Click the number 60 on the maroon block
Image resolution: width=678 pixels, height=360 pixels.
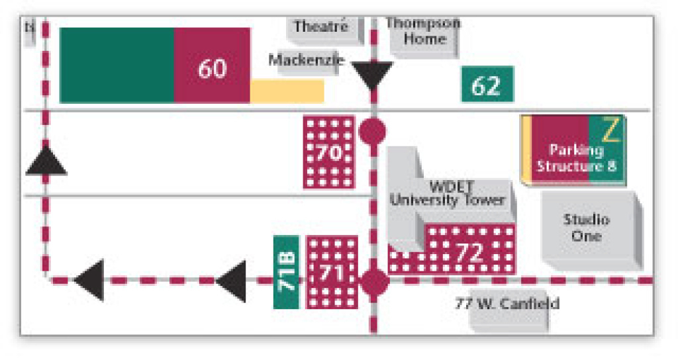coord(212,68)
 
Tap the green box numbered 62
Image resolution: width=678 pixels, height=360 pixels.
coord(487,85)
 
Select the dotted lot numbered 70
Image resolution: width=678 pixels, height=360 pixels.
coord(329,153)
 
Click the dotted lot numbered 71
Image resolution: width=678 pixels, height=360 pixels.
coord(332,272)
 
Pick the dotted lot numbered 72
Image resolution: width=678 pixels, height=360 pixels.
coord(469,251)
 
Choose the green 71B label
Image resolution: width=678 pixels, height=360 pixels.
coord(286,272)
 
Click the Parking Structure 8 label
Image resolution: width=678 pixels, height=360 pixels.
coord(575,158)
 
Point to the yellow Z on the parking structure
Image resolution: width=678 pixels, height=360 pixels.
coord(611,130)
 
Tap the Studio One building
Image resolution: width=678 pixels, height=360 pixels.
coord(586,228)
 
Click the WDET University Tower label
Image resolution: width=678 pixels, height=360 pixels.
coord(448,193)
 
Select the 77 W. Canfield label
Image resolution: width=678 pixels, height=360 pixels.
coord(507,304)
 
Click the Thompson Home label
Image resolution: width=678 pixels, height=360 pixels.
coord(423,31)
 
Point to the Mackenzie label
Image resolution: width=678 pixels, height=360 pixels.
coord(306,60)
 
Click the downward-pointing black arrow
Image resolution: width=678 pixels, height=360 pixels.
coord(371,75)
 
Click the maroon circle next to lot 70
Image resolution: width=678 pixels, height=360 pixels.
coord(373,131)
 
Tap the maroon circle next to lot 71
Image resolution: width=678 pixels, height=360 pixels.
coord(374,282)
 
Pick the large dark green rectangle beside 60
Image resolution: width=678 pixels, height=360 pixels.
coord(117,66)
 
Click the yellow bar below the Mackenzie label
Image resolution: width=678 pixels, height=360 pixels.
coord(287,91)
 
